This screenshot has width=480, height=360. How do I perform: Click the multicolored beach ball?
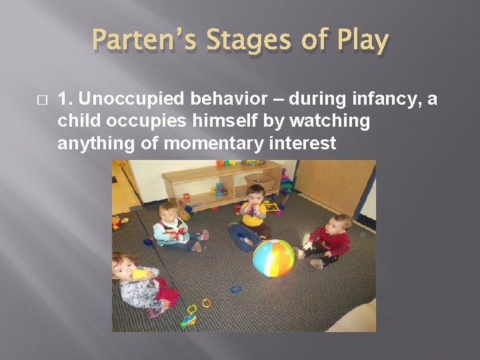point(273,258)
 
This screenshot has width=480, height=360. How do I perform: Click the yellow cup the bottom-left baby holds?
point(140,273)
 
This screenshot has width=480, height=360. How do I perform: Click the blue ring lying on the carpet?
point(235,289)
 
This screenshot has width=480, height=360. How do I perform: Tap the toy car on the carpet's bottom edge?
point(189,322)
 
